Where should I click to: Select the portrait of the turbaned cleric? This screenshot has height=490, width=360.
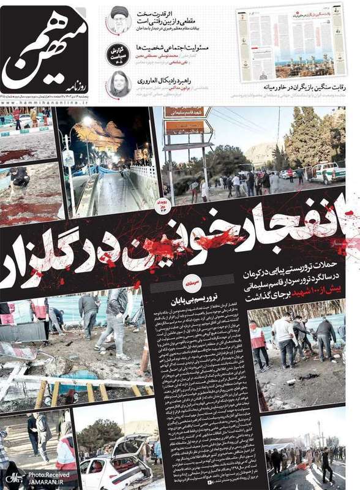tap(119, 21)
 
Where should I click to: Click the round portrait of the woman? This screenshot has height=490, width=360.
tap(118, 84)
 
